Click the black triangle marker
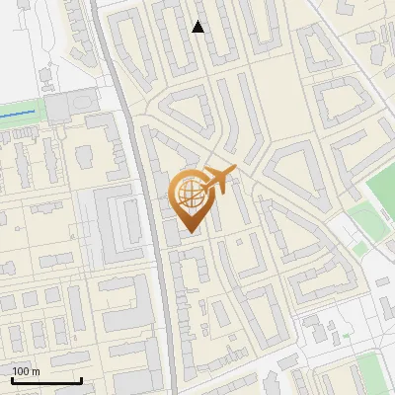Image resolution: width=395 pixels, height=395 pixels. click(x=198, y=27)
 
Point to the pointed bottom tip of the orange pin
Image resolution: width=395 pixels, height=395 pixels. click(x=192, y=233)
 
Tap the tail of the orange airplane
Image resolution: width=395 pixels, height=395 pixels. click(x=203, y=184)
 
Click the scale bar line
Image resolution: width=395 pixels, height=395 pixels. click(x=45, y=381)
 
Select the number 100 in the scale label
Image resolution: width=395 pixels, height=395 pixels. click(x=21, y=372)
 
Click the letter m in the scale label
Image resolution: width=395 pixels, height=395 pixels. click(x=36, y=372)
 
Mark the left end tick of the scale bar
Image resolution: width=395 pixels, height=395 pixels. click(x=11, y=379)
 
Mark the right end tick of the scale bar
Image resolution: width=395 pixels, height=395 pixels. click(x=80, y=379)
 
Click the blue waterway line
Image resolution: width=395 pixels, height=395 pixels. click(x=20, y=116)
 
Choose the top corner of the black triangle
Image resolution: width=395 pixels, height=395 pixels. click(x=198, y=21)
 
